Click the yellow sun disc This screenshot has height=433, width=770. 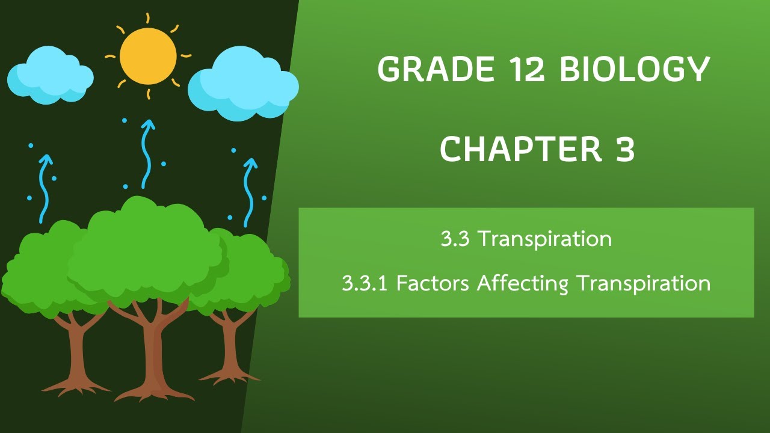tap(148, 56)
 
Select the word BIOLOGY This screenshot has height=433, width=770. tap(635, 69)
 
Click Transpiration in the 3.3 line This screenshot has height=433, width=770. tap(545, 239)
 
